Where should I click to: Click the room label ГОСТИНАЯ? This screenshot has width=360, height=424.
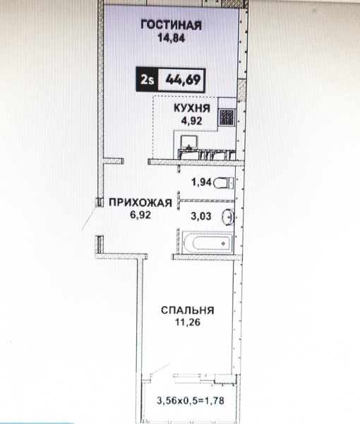pos(172,25)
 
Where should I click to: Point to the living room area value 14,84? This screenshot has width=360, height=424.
pos(172,38)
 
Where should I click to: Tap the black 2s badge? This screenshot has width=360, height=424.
pos(147,79)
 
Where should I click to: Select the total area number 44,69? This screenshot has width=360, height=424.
pos(183,80)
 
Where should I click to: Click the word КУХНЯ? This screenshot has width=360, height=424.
pos(192,108)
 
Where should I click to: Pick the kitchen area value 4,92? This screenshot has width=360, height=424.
pos(192,121)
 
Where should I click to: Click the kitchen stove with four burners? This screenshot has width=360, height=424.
pos(227,117)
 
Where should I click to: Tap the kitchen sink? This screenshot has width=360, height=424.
pos(189,143)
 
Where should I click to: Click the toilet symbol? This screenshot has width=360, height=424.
pos(223,183)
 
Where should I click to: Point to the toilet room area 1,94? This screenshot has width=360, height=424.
pos(201,182)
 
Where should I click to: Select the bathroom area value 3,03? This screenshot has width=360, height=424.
pos(201,216)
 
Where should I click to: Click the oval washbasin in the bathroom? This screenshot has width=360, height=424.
pos(228,217)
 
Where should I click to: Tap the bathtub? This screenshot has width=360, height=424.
pos(207,242)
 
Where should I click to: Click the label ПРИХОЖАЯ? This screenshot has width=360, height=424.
pos(140,203)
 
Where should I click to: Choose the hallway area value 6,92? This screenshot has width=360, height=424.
pos(140,215)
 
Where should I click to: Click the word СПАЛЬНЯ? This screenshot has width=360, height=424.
pos(188,310)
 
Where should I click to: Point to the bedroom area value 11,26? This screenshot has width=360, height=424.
pos(188,322)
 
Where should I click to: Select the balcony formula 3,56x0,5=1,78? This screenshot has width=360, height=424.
pos(191,401)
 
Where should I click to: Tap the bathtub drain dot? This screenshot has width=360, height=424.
pos(223,243)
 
